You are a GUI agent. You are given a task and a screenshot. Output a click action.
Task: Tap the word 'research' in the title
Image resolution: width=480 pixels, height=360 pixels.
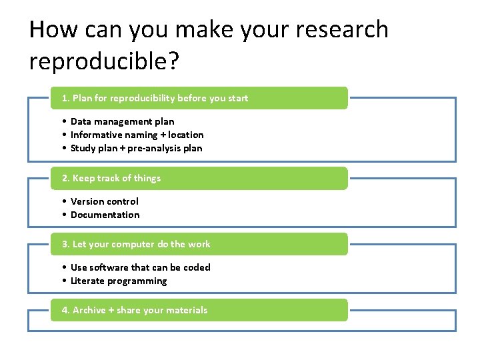[x=337, y=30]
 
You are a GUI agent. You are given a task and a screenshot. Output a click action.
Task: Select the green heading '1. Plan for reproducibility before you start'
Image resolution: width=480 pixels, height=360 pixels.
[x=155, y=98]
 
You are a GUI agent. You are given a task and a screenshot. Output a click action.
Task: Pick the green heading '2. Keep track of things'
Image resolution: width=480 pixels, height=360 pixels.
[x=111, y=178]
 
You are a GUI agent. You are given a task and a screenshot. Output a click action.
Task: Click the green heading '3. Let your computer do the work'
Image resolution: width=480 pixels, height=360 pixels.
[x=136, y=244]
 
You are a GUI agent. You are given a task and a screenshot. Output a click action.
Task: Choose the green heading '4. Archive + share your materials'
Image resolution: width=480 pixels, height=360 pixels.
[x=135, y=310]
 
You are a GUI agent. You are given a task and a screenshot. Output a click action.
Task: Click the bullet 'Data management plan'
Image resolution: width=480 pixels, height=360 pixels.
[x=122, y=121]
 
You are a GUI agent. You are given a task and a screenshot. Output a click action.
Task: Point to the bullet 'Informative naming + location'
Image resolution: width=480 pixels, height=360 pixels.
[x=137, y=135]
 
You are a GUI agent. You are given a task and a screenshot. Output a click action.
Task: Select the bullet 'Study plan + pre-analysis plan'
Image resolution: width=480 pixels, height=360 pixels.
[x=136, y=148]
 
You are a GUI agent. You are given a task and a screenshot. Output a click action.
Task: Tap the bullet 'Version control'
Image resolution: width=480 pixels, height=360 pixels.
[x=105, y=201]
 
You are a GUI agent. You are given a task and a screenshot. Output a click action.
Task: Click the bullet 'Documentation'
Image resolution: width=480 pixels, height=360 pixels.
[x=105, y=215]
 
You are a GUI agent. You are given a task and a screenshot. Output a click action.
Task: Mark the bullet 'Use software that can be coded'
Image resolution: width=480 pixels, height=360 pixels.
[x=140, y=267]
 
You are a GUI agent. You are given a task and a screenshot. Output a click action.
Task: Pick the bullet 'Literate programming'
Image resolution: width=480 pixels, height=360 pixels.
[x=119, y=281]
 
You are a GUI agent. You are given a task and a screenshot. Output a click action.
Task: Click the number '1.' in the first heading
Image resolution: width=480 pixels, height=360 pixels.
[x=65, y=98]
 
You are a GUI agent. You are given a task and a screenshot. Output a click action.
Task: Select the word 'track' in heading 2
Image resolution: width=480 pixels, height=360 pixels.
[x=110, y=178]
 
